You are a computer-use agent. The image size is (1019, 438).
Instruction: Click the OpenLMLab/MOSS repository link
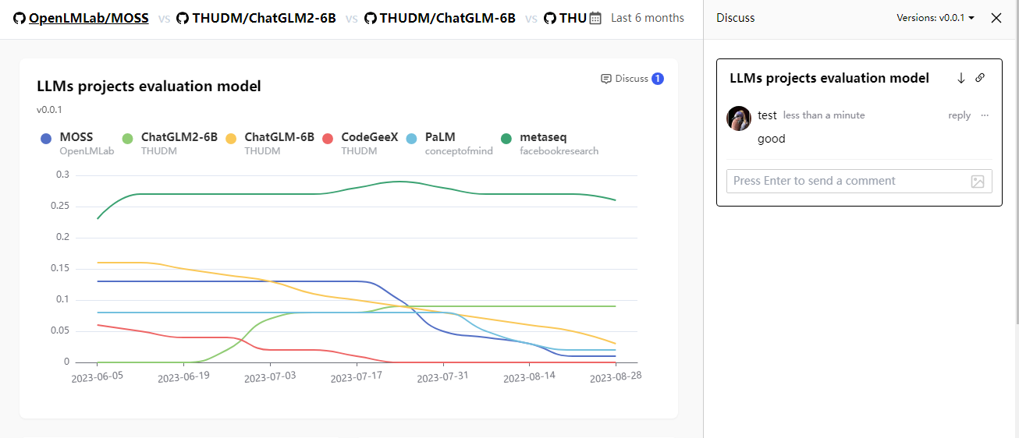click(x=88, y=18)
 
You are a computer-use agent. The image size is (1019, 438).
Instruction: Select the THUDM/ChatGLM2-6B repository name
click(x=264, y=18)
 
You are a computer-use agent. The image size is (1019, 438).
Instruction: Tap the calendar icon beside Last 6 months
click(x=595, y=18)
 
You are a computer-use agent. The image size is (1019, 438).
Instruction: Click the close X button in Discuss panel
click(x=996, y=18)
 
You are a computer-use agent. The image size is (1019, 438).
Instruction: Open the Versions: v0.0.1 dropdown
click(x=936, y=18)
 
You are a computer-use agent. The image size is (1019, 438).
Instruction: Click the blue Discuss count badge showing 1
click(x=657, y=79)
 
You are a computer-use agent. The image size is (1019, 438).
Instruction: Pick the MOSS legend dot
click(x=46, y=139)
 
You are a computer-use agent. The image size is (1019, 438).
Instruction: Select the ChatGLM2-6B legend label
click(x=179, y=136)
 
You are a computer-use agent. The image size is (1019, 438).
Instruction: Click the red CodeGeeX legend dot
click(x=328, y=139)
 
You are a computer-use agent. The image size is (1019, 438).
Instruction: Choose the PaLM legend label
click(x=440, y=136)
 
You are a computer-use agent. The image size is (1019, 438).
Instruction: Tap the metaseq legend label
click(x=543, y=136)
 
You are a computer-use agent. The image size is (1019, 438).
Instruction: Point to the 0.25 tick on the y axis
click(x=60, y=206)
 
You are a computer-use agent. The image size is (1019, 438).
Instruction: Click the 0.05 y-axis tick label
click(x=60, y=330)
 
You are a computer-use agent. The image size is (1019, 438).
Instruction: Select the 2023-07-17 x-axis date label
click(x=357, y=377)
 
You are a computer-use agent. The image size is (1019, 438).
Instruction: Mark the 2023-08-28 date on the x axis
click(x=616, y=376)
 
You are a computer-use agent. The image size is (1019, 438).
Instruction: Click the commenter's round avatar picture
click(x=739, y=118)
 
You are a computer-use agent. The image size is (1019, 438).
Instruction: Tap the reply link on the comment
click(x=960, y=115)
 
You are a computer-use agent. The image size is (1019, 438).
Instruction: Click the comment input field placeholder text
click(x=815, y=181)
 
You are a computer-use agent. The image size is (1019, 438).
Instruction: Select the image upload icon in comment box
click(x=978, y=182)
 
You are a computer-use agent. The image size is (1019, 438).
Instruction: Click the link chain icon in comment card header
click(x=980, y=78)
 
